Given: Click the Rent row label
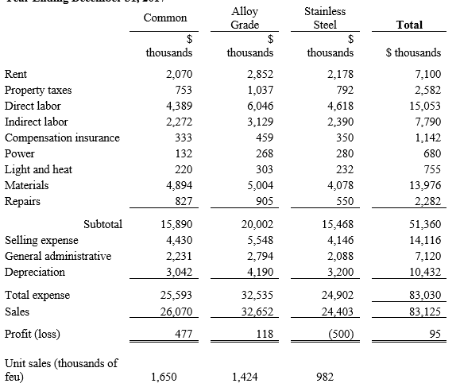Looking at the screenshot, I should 16,74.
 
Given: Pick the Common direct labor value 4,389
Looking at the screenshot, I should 179,106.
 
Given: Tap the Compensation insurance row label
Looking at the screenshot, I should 62,137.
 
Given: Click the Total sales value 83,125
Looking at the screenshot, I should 423,311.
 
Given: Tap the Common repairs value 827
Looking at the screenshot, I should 183,201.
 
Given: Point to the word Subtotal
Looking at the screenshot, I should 102,225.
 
